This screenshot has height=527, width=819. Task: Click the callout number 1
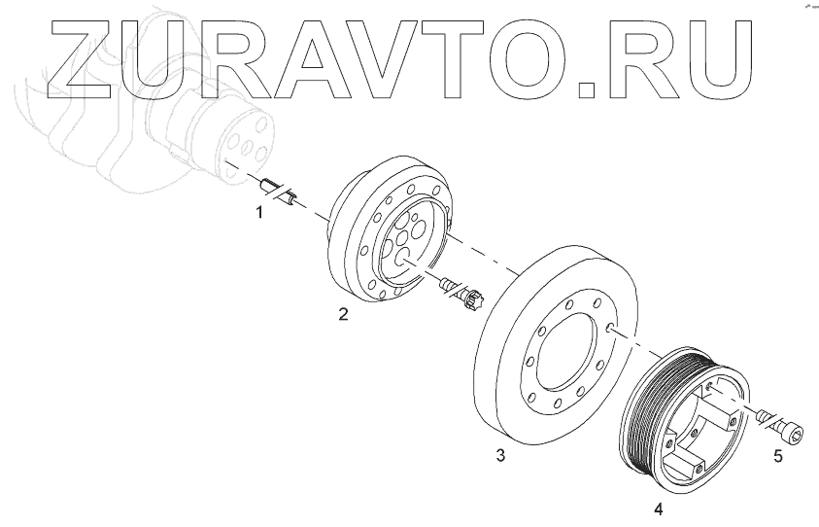258,211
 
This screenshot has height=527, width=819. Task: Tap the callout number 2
343,314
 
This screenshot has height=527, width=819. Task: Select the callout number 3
499,455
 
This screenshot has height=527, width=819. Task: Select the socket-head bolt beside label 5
783,426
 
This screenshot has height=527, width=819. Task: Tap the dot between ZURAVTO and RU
590,89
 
